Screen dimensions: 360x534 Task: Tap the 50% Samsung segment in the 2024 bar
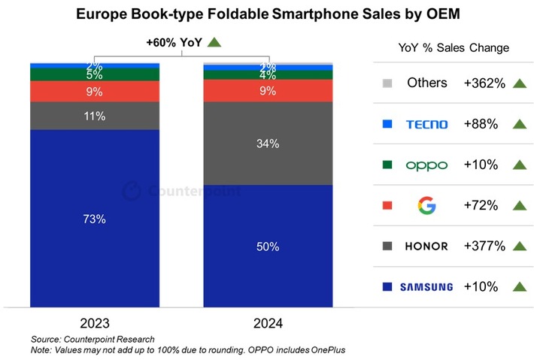[268, 247]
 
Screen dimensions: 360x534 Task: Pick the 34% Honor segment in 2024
[268, 143]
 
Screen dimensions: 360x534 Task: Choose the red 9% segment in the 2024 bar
[268, 91]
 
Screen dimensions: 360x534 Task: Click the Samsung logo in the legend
[426, 286]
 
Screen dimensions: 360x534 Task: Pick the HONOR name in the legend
[426, 246]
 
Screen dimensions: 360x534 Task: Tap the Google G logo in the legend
[426, 205]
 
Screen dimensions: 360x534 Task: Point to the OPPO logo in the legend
[426, 165]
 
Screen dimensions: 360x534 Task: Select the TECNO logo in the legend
[426, 124]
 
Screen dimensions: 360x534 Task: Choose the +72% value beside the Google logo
[480, 205]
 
